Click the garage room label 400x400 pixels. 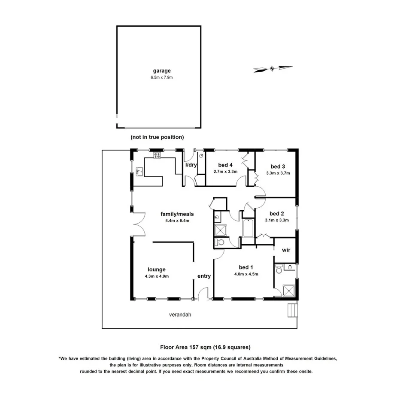click(161, 71)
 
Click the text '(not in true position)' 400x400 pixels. click(157, 137)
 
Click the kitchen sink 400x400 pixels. click(139, 172)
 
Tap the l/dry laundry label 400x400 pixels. click(191, 165)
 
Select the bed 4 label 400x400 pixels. click(225, 165)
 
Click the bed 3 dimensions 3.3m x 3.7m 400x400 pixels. click(278, 173)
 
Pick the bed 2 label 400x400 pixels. click(277, 213)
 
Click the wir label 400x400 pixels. click(286, 250)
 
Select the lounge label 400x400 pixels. click(157, 270)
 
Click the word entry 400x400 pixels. click(204, 276)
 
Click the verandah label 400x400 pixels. click(179, 315)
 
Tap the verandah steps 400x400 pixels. click(291, 309)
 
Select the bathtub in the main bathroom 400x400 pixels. click(248, 228)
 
